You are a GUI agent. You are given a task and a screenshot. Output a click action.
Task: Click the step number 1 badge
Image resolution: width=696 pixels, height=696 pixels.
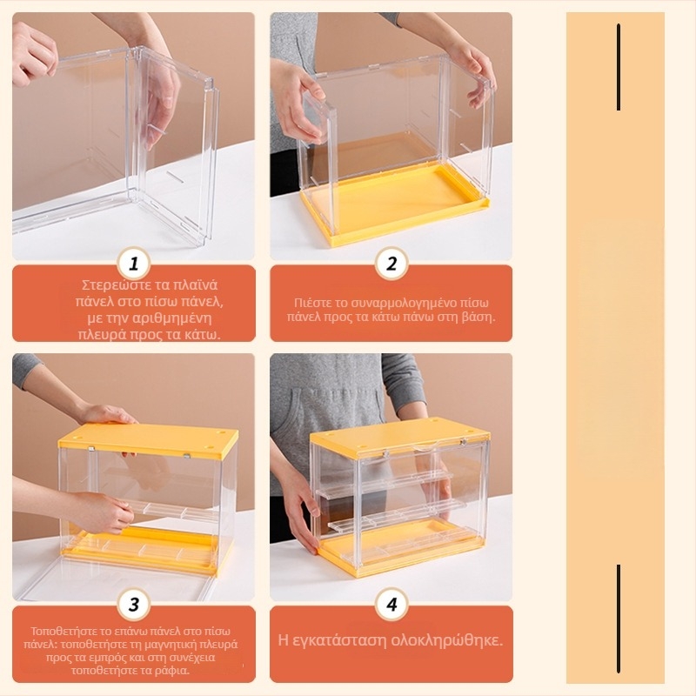134,264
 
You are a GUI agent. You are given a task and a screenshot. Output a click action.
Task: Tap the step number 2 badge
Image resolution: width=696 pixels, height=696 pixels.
391,264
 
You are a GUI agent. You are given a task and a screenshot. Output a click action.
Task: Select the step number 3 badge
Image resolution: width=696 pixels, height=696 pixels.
134,604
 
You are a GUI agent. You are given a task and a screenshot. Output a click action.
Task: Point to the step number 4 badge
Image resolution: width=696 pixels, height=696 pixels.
391,604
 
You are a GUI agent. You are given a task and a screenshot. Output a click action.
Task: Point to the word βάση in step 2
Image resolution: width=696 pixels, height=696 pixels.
479,318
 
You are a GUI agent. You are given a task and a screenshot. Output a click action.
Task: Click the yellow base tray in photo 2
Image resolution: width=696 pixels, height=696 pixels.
394,202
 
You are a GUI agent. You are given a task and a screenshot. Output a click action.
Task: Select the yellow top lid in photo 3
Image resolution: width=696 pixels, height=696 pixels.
148,441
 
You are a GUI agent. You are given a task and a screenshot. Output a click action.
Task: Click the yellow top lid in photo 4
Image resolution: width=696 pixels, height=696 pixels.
400,438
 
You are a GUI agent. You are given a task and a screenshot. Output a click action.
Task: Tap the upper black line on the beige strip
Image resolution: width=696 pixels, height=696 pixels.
619,67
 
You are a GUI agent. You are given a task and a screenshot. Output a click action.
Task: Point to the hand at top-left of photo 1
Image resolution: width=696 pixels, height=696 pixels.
33,52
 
